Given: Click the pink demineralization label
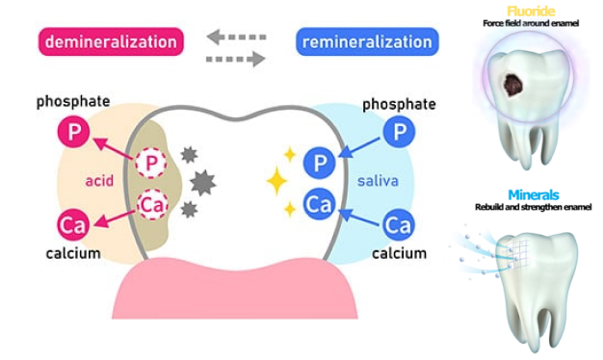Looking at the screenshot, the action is point(111,41).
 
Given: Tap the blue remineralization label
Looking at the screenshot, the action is point(367,41).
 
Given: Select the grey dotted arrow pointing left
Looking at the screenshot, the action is point(236,37).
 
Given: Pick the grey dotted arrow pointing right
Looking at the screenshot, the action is point(236,59).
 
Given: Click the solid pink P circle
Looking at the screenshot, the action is point(73,132).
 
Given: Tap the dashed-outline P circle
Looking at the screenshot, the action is point(150,163).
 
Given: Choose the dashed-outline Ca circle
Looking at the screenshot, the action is point(152,204).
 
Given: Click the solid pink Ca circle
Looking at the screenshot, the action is point(73,225).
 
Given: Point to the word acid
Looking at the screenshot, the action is point(99,181).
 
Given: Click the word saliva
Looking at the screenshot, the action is point(378,181).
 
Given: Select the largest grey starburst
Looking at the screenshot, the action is point(203,183).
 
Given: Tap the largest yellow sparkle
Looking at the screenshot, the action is point(276,181).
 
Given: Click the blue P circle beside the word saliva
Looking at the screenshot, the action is point(319,164).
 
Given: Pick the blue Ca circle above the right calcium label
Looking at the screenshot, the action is point(399,225).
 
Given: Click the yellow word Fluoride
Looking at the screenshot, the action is point(531,12).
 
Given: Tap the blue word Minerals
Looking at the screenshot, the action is point(534,195).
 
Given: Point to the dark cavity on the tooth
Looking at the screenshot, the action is point(513,85).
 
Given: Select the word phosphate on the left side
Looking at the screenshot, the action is point(73,101).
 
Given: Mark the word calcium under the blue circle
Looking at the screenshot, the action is point(399,253).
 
